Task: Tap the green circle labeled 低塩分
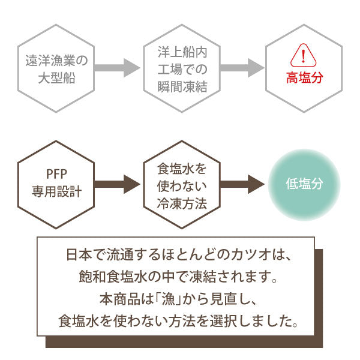click(x=304, y=184)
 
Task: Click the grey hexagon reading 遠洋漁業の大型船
click(x=56, y=68)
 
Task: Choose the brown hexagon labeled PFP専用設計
click(x=56, y=184)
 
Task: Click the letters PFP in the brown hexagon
click(x=56, y=174)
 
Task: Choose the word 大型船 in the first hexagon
click(x=56, y=79)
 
